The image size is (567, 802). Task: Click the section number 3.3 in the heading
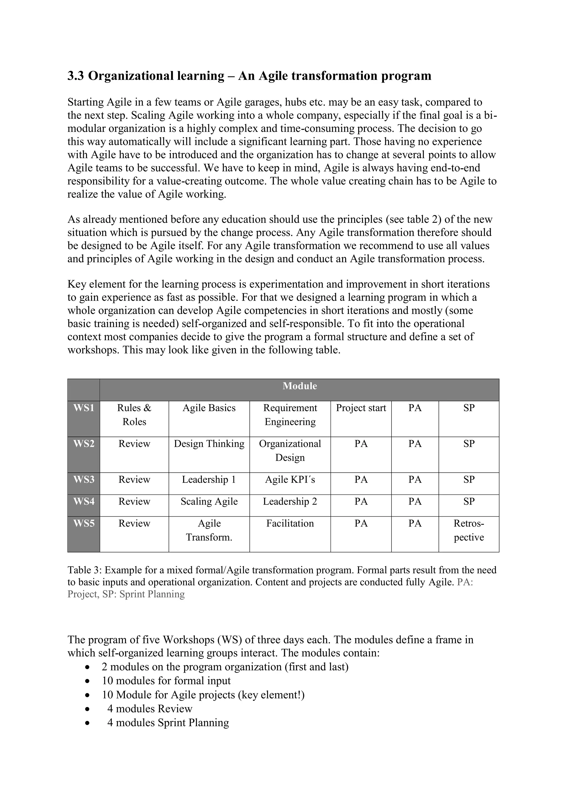[75, 76]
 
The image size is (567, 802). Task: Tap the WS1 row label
[84, 408]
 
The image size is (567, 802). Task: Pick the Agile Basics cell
[209, 408]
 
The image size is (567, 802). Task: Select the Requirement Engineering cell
[290, 415]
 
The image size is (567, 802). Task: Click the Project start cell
[361, 408]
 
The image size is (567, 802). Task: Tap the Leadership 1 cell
[209, 480]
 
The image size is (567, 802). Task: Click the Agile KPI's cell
[290, 480]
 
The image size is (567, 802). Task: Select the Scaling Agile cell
[209, 502]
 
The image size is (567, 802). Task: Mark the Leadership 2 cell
[290, 502]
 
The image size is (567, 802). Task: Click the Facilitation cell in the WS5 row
[290, 523]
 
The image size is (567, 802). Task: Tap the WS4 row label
[84, 502]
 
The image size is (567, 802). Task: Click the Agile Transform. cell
[209, 530]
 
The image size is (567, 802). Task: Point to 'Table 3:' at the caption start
[84, 570]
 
